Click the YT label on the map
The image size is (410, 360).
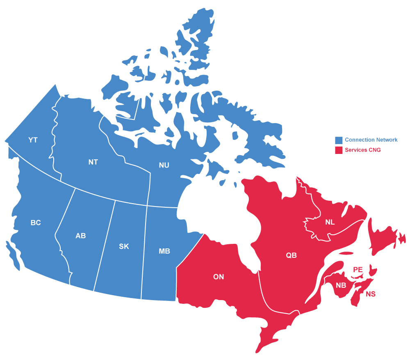tap(33, 140)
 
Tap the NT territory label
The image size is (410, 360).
tap(93, 162)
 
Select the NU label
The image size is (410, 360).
tap(164, 165)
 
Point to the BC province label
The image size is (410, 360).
tap(36, 223)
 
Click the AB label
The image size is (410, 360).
tap(81, 236)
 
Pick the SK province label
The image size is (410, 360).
tap(124, 247)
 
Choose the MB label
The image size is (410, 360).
tap(164, 251)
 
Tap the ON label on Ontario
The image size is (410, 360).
tap(219, 277)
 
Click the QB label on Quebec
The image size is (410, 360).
tap(291, 255)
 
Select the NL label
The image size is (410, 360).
tap(330, 222)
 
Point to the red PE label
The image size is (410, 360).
tap(358, 270)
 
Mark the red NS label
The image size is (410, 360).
tap(371, 294)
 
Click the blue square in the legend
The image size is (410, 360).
tap(339, 140)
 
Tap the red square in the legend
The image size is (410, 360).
tap(339, 150)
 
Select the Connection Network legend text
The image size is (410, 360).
tap(371, 140)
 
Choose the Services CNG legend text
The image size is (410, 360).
tap(362, 150)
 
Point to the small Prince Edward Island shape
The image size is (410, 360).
tap(373, 270)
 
